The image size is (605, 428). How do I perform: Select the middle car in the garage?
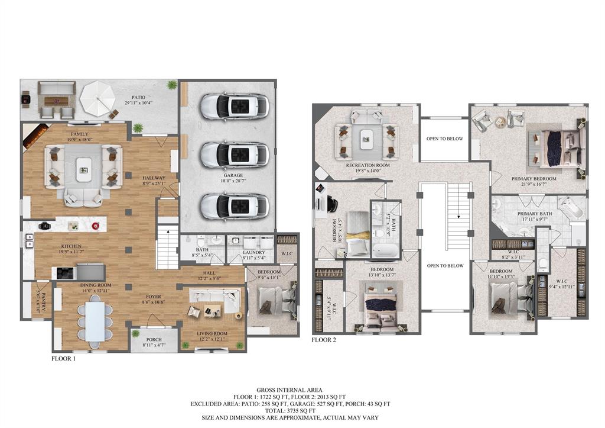(235, 155)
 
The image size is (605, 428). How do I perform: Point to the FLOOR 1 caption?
(63, 358)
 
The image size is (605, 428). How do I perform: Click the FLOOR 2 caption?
(324, 340)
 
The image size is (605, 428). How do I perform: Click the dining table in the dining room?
(95, 321)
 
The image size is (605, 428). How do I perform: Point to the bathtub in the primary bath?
(571, 211)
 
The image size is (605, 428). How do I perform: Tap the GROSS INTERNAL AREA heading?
(302, 390)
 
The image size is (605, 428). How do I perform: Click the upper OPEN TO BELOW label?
(444, 139)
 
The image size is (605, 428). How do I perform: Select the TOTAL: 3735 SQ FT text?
(302, 410)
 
